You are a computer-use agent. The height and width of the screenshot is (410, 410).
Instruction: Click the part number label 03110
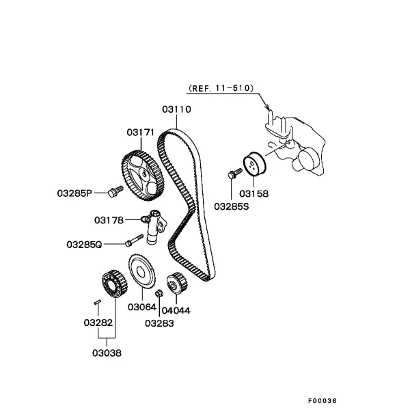(x=176, y=109)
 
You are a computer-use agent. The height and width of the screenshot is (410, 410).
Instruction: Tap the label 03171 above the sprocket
(x=141, y=133)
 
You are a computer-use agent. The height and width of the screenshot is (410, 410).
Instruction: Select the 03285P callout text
(x=74, y=193)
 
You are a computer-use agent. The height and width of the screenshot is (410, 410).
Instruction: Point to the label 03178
(x=109, y=220)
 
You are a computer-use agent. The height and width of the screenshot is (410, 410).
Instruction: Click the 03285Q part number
(x=84, y=245)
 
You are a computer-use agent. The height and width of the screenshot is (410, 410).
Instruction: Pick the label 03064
(x=142, y=307)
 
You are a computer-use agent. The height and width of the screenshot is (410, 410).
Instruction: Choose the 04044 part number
(x=176, y=311)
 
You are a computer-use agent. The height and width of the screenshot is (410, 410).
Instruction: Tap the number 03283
(x=159, y=323)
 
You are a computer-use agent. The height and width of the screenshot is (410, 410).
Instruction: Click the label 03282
(x=98, y=323)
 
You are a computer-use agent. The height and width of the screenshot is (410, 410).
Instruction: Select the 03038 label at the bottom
(x=107, y=353)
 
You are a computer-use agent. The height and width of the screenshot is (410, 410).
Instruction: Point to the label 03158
(x=254, y=194)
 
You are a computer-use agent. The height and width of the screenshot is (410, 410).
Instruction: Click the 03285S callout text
(x=232, y=206)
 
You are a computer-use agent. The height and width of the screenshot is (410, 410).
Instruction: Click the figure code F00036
(x=322, y=400)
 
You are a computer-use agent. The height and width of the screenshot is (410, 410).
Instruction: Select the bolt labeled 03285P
(x=115, y=191)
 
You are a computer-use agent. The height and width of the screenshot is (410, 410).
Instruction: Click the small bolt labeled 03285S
(x=235, y=173)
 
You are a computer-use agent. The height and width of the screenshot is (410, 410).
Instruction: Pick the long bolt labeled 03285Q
(x=135, y=241)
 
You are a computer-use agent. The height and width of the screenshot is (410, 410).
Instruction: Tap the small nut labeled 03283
(x=159, y=293)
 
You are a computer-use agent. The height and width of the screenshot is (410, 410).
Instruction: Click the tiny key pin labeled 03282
(x=97, y=302)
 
